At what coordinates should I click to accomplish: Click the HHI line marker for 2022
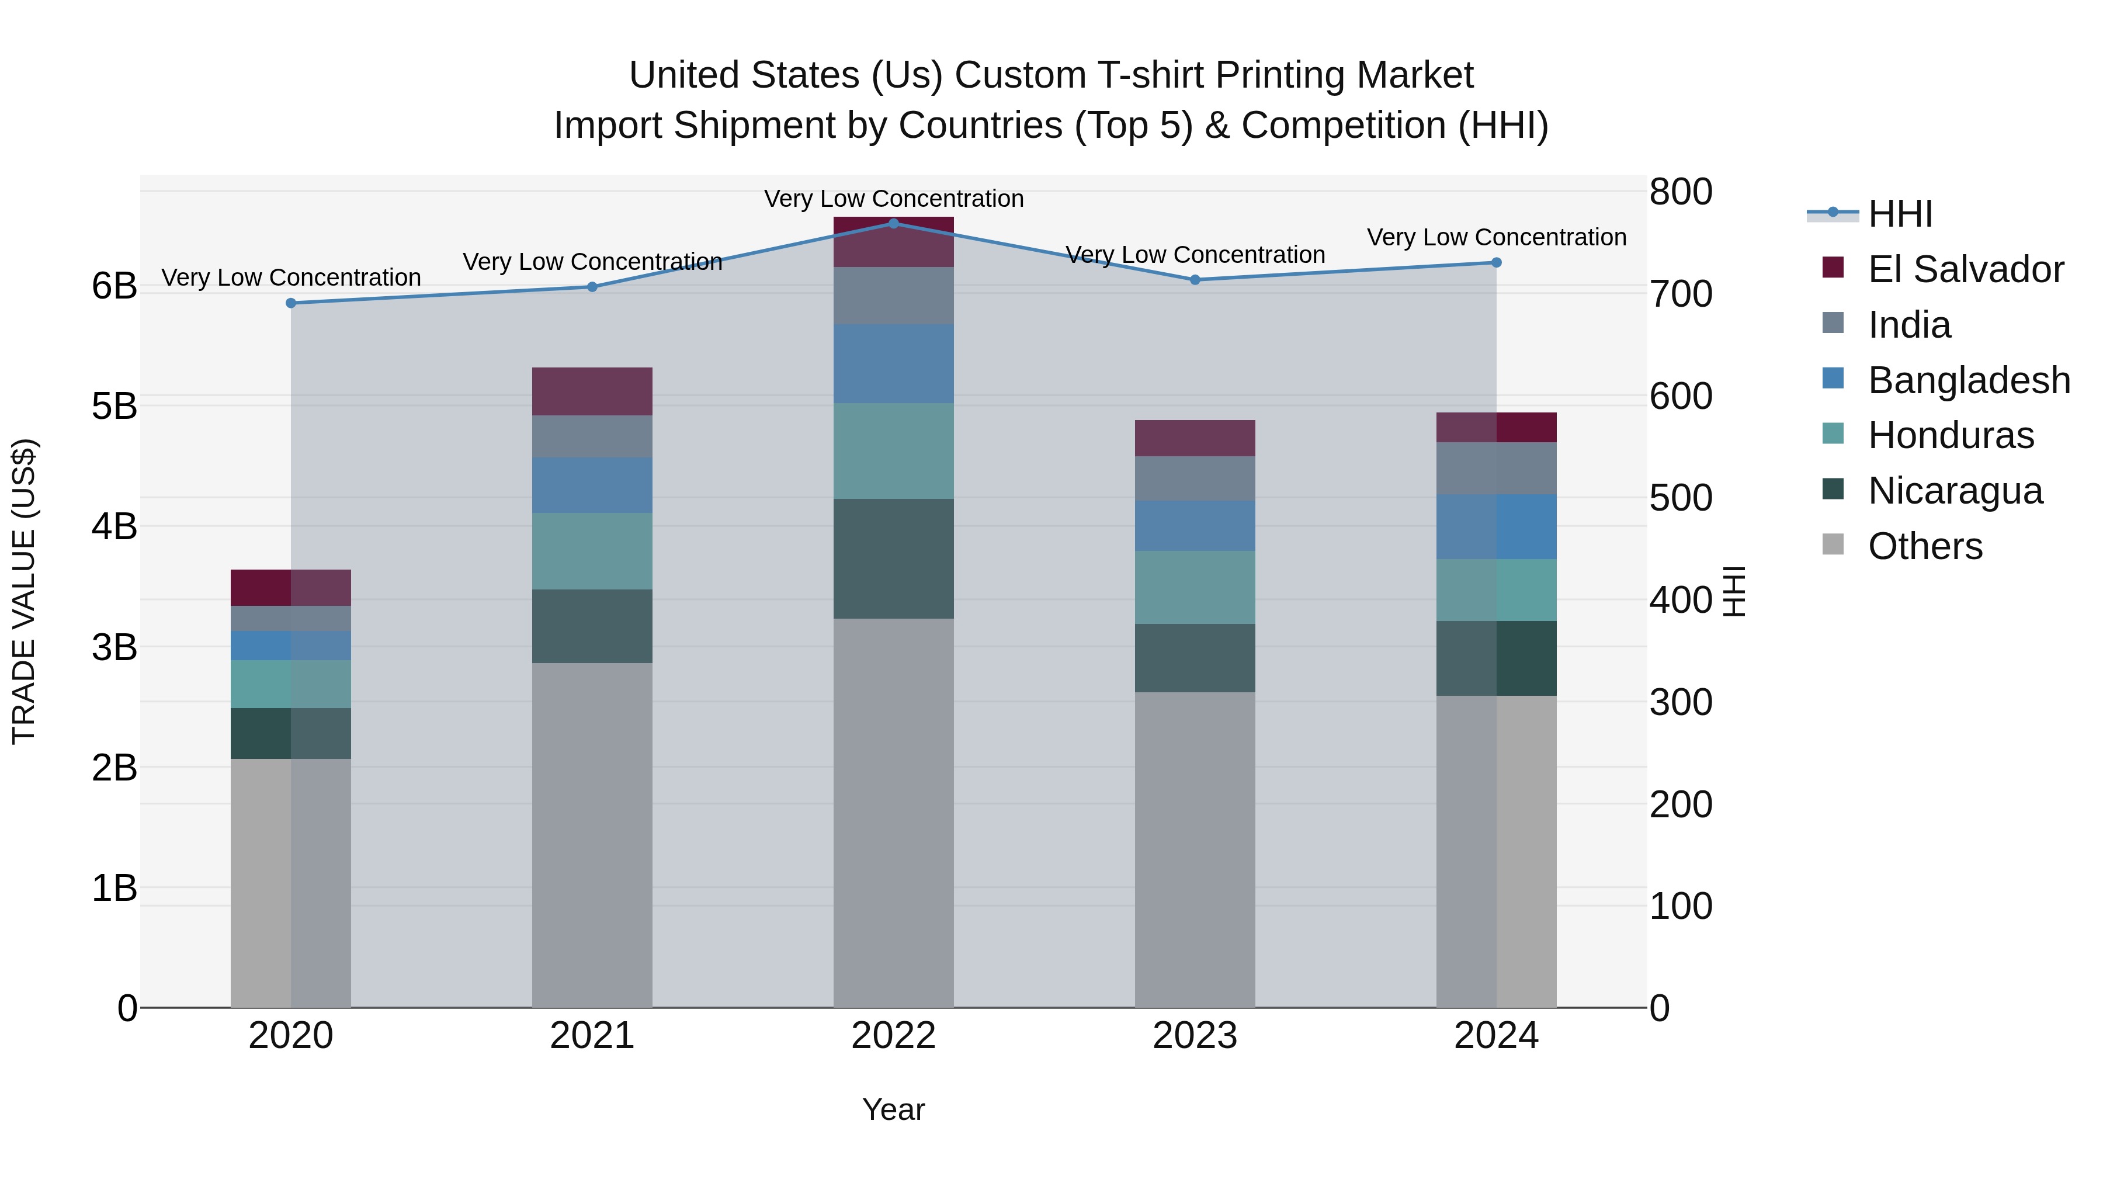coord(893,224)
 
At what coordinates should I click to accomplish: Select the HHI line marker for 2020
coord(291,303)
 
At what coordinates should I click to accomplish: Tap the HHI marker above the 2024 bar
coord(1495,263)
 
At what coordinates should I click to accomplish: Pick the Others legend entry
coord(1924,546)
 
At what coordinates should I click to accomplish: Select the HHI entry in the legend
coord(1900,214)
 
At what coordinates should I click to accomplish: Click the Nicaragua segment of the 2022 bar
coord(893,558)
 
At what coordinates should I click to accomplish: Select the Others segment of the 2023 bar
coord(1195,849)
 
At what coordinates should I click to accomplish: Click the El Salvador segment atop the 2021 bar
coord(592,392)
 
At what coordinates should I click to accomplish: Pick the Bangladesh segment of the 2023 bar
coord(1195,526)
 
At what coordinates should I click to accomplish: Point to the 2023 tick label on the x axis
coord(1195,1036)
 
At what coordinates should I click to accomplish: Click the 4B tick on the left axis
coord(114,526)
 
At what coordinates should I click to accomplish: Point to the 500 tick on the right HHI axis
coord(1681,498)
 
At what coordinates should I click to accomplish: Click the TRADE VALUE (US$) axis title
coord(25,591)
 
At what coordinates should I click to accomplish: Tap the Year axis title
coord(893,1109)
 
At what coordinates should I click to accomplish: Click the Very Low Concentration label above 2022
coord(893,199)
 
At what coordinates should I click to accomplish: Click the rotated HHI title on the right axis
coord(1733,591)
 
